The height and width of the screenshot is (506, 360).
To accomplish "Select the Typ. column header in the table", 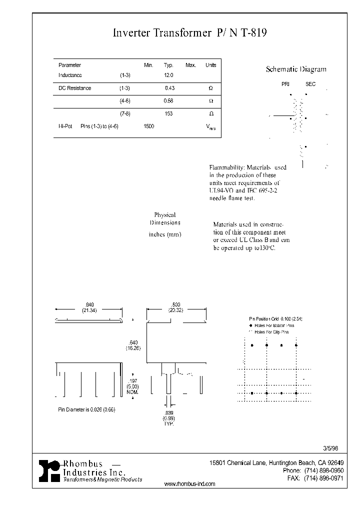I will pyautogui.click(x=168, y=65).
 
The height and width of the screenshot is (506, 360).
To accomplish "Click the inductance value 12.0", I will pyautogui.click(x=168, y=75).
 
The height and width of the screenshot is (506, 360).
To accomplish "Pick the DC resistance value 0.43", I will pyautogui.click(x=169, y=88).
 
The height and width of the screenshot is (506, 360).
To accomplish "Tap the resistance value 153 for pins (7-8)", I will pyautogui.click(x=168, y=114).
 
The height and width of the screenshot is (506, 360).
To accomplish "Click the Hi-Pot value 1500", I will pyautogui.click(x=148, y=127).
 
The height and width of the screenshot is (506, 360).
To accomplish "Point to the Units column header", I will pyautogui.click(x=210, y=65).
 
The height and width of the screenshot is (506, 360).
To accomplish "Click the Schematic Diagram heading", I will pyautogui.click(x=296, y=69).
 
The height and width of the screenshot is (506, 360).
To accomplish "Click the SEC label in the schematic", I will pyautogui.click(x=310, y=84).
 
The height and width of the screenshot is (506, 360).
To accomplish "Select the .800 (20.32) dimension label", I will pyautogui.click(x=176, y=307).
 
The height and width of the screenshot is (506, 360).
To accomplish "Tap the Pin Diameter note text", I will pyautogui.click(x=87, y=409).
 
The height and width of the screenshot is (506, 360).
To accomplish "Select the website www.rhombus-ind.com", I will pyautogui.click(x=189, y=484).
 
